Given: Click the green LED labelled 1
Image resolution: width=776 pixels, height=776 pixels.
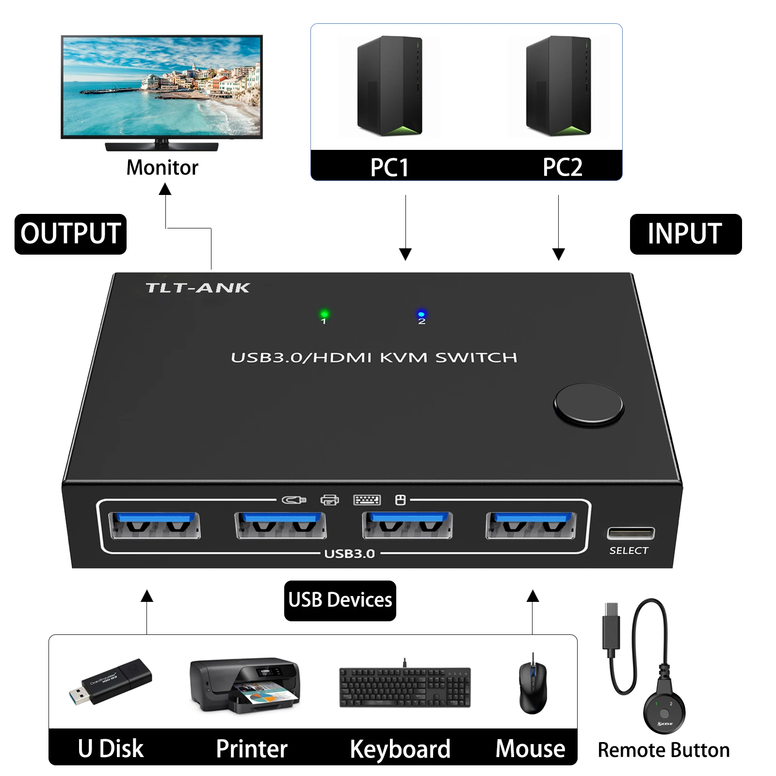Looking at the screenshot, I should (324, 314).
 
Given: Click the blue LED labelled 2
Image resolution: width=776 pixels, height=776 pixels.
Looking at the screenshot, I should (421, 314).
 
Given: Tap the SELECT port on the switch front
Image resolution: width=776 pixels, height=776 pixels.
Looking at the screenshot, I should (630, 533).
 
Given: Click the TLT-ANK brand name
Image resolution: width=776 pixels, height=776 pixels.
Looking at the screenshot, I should (197, 288).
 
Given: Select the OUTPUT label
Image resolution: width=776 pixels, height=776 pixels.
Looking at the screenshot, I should (71, 234).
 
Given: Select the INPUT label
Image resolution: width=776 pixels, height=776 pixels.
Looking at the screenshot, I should (685, 234).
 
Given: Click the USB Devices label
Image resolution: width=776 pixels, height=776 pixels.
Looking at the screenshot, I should (340, 600).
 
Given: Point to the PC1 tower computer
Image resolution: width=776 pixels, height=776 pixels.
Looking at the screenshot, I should (389, 86).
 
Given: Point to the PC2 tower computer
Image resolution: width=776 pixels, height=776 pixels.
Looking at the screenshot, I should (558, 86).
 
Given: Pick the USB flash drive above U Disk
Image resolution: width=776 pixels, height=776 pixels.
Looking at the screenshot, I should (111, 681).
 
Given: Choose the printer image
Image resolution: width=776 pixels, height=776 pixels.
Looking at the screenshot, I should (245, 685).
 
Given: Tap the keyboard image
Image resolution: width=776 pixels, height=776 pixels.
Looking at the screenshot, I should (404, 687).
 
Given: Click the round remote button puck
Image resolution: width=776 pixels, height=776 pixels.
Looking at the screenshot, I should (664, 713).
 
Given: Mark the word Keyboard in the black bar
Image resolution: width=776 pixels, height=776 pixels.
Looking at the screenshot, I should (400, 749).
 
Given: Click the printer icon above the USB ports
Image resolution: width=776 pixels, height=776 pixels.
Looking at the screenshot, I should (330, 500).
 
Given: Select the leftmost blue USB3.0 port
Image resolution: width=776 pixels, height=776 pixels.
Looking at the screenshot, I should (155, 525).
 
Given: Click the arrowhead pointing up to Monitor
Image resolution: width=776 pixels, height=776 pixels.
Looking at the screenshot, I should (165, 189).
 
